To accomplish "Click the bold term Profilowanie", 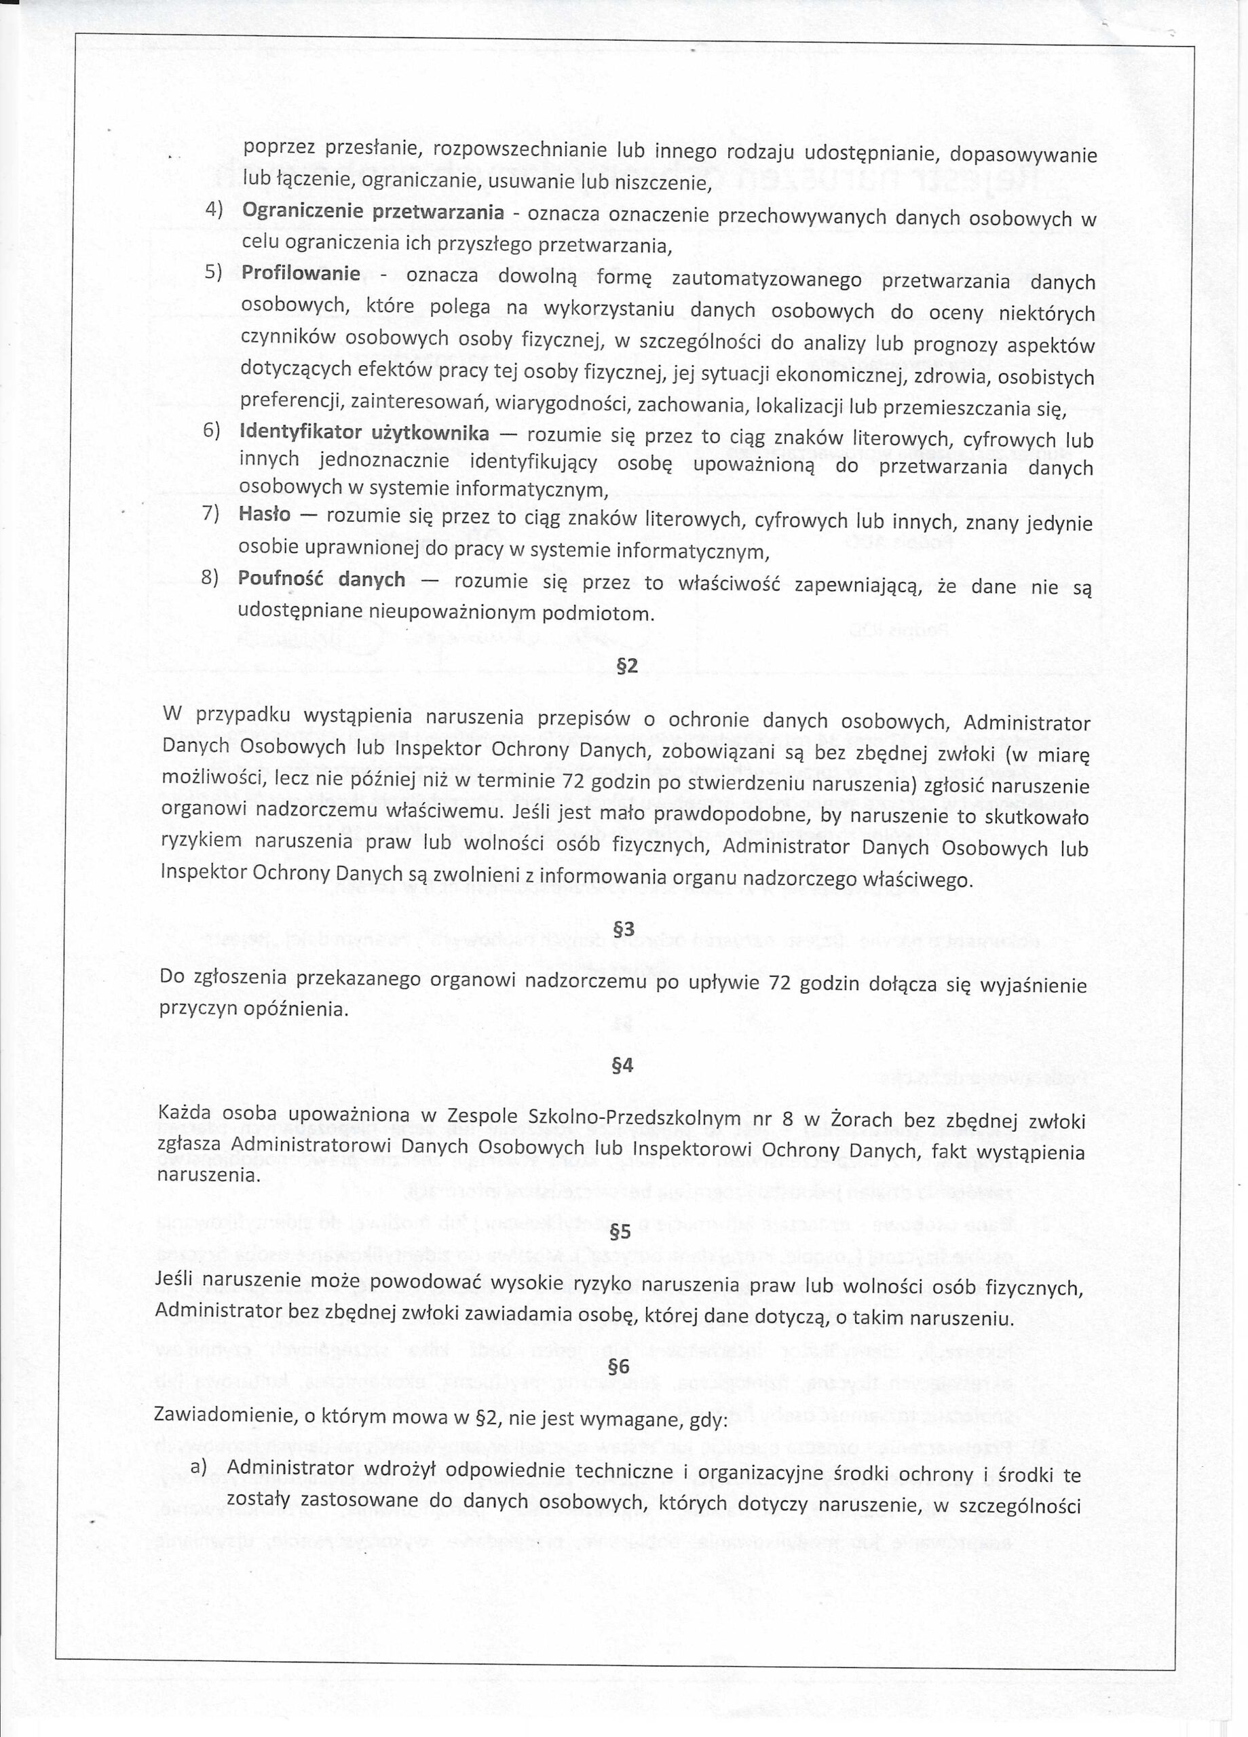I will (x=301, y=273).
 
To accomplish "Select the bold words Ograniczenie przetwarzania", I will (x=373, y=212).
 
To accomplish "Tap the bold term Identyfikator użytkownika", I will (x=364, y=434).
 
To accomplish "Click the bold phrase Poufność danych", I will (x=321, y=579).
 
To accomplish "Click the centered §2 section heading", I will (x=626, y=666).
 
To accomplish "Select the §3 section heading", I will (x=624, y=929).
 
